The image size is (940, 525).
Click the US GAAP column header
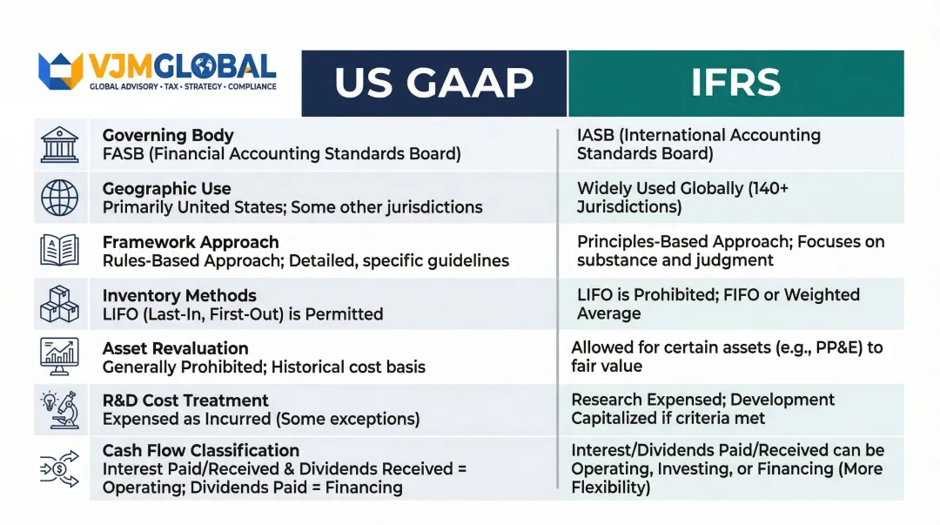point(433,84)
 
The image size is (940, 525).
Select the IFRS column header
point(735,84)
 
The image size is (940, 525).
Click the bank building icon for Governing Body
point(60,145)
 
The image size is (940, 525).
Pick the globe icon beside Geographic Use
point(60,198)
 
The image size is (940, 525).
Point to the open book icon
point(60,251)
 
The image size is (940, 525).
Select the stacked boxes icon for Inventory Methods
point(60,303)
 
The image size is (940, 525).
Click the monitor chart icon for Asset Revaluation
point(60,356)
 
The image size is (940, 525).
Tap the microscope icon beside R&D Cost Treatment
point(60,409)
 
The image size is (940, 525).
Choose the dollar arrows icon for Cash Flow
point(60,469)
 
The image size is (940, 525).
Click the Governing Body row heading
point(168,135)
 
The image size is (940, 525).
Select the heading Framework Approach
point(191,242)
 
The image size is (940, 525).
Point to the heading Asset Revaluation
point(176,348)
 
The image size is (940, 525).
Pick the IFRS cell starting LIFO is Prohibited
point(718,304)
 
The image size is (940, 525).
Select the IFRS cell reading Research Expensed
point(702,408)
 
